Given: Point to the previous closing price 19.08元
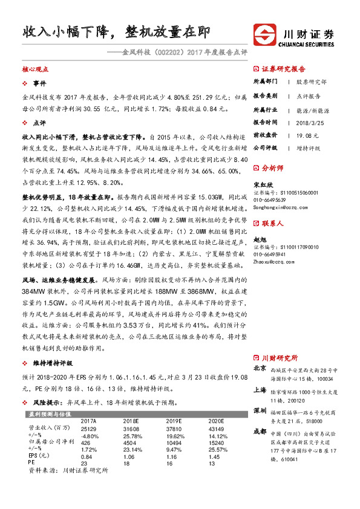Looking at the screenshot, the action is (x=308, y=134).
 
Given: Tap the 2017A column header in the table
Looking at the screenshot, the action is (x=88, y=420).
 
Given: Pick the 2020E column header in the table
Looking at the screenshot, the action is (x=216, y=420).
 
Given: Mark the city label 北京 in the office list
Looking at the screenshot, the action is (x=259, y=368).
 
